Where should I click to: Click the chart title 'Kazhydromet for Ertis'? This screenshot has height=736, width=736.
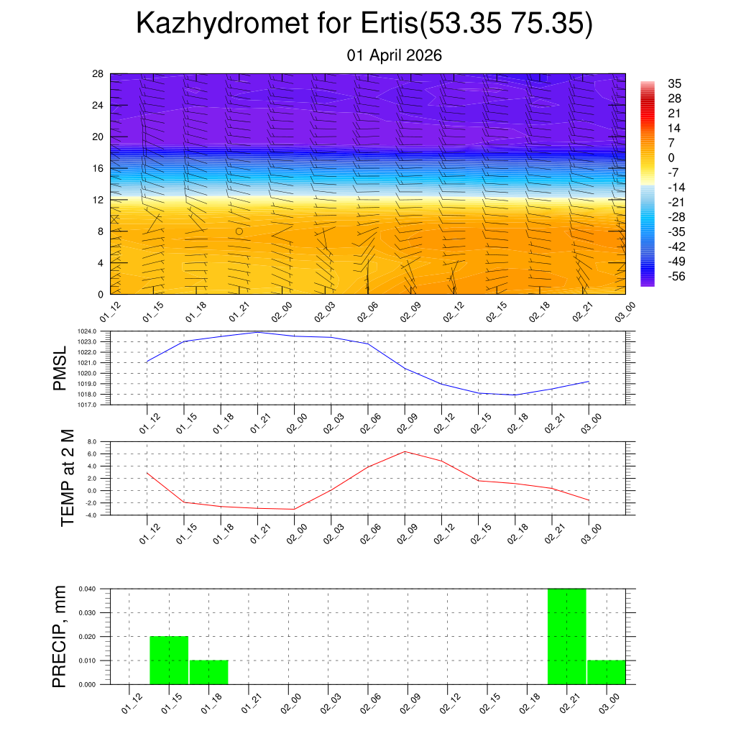click(x=364, y=24)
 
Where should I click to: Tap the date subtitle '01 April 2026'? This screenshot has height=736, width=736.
click(x=394, y=55)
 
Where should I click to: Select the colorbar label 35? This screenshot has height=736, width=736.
click(x=675, y=83)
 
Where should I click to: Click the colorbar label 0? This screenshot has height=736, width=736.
click(x=671, y=158)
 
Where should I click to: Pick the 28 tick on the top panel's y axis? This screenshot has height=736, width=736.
click(x=98, y=74)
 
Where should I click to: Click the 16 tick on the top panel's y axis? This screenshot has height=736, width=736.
click(x=98, y=168)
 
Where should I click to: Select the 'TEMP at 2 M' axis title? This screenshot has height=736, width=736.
click(x=68, y=477)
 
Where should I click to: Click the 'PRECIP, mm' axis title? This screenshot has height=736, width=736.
click(x=60, y=637)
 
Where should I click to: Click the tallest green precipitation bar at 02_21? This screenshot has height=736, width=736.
click(x=566, y=636)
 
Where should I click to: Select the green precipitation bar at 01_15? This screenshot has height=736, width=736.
click(x=169, y=660)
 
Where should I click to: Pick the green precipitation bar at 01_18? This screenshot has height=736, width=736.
click(x=208, y=672)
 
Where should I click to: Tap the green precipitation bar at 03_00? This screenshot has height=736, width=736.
click(x=606, y=672)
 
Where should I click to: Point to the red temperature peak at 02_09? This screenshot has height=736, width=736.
click(x=405, y=451)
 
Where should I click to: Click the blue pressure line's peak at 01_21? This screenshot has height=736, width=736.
click(x=257, y=332)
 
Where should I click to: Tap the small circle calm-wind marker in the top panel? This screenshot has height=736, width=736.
click(x=239, y=231)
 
